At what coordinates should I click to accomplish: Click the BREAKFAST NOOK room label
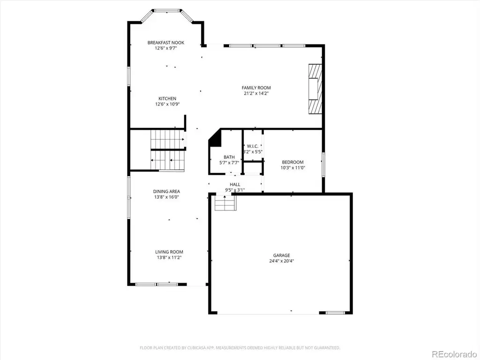[x=165, y=43]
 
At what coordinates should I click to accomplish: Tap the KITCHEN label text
[x=167, y=98]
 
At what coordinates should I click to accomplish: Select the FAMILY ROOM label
[x=256, y=88]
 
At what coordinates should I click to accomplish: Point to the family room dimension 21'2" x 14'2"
[x=256, y=93]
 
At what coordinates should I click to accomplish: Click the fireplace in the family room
[x=315, y=89]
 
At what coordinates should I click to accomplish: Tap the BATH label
[x=229, y=157]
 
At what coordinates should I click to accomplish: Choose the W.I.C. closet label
[x=253, y=146]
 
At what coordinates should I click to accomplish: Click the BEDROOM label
[x=292, y=162]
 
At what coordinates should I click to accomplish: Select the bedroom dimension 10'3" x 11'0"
[x=292, y=168]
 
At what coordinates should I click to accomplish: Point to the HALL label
[x=235, y=185]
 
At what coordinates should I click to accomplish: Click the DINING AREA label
[x=166, y=192]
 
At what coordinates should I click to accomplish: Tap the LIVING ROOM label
[x=169, y=252]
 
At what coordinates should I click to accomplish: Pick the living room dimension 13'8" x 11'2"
[x=169, y=258]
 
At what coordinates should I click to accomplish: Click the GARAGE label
[x=282, y=255]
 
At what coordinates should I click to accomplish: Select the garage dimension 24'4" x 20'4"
[x=282, y=261]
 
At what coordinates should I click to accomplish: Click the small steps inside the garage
[x=225, y=203]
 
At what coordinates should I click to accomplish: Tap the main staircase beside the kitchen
[x=167, y=150]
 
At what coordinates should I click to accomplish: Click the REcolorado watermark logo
[x=454, y=354]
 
